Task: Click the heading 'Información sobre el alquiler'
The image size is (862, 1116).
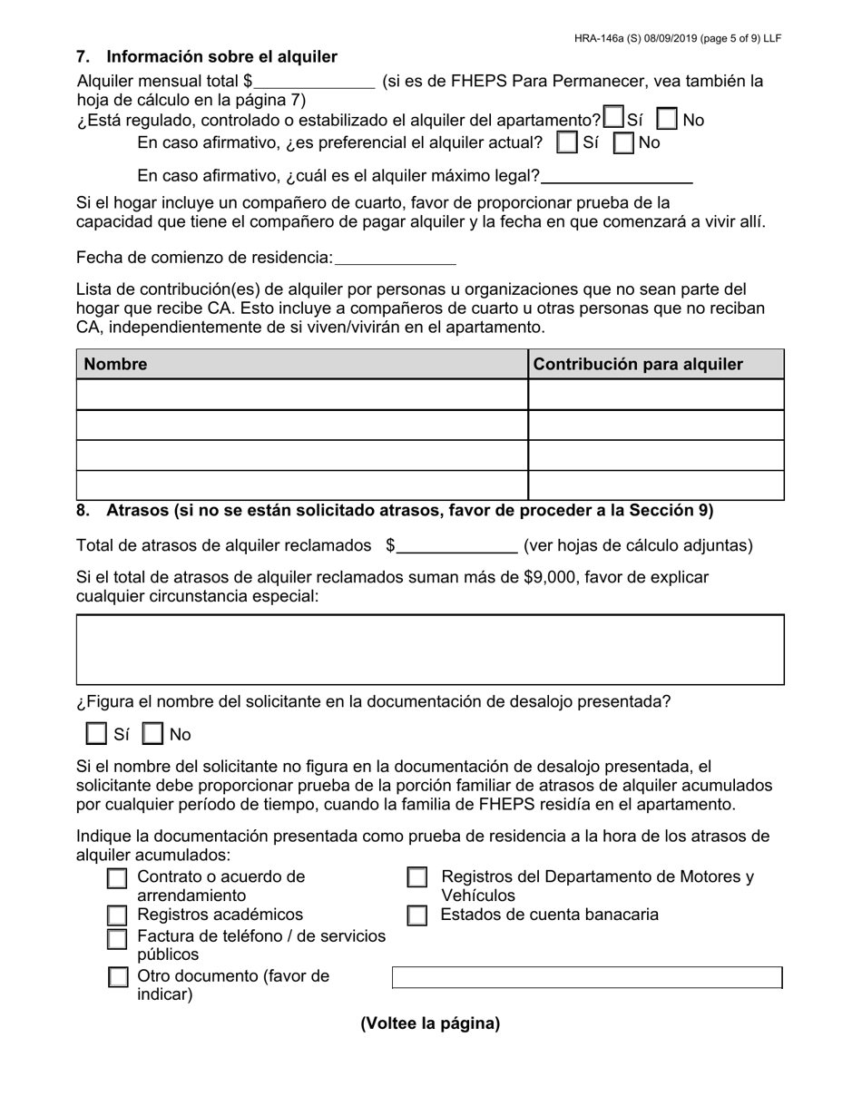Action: (x=221, y=57)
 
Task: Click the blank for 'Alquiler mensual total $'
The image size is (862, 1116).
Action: (x=314, y=81)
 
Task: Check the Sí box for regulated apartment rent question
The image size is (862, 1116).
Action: (x=614, y=119)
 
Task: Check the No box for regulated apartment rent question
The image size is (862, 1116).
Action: (x=667, y=120)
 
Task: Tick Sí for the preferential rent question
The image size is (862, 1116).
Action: (x=567, y=142)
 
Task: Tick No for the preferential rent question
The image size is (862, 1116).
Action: (x=623, y=142)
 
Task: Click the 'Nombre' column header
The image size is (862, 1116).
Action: (x=116, y=364)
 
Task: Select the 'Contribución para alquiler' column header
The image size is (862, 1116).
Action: (x=638, y=364)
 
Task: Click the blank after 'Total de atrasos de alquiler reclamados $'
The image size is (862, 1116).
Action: (x=457, y=545)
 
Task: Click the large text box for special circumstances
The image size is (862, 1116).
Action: (x=430, y=649)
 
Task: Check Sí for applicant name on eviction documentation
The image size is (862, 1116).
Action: (x=96, y=733)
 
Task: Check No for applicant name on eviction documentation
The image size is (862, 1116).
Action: (x=153, y=733)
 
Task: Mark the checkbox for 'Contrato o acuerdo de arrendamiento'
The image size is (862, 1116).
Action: (x=117, y=878)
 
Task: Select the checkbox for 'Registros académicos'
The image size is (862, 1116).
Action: (x=117, y=915)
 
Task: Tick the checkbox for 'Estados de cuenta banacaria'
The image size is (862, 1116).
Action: (x=416, y=915)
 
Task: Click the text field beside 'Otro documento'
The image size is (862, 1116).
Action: (x=586, y=977)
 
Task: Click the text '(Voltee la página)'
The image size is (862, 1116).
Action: (x=430, y=1023)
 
